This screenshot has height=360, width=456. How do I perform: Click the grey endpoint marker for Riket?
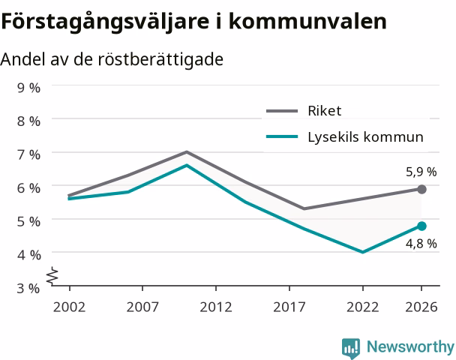coord(421,189)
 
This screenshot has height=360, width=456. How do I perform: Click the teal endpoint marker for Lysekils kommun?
coord(421,226)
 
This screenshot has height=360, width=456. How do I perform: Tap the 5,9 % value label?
coord(421,172)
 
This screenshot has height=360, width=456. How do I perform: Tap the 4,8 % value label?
coord(421,244)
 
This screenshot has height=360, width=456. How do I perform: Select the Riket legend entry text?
coord(325,111)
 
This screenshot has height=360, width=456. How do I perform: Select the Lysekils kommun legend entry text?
coord(365,137)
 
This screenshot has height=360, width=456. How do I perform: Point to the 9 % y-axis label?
coord(28,88)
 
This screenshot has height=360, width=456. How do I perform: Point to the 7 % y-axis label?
coord(28,154)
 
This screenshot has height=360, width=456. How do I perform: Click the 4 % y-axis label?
coord(28,255)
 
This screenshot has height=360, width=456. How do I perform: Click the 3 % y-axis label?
coord(28,289)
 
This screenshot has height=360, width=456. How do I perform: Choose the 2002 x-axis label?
coord(69,307)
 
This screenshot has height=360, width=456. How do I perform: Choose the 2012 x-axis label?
coord(216,307)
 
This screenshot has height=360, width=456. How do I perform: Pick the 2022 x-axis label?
coord(363,307)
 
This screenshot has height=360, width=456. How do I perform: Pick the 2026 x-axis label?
coord(421,307)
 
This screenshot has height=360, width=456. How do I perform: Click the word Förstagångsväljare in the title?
coord(105,22)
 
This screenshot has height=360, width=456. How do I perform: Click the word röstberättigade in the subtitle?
coord(160,59)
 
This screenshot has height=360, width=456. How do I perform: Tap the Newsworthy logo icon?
coord(351,348)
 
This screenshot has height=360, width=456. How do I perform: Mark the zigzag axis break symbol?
coord(52,275)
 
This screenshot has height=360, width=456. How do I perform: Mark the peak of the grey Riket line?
coord(187,151)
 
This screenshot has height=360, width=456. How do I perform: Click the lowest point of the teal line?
coord(363,252)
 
